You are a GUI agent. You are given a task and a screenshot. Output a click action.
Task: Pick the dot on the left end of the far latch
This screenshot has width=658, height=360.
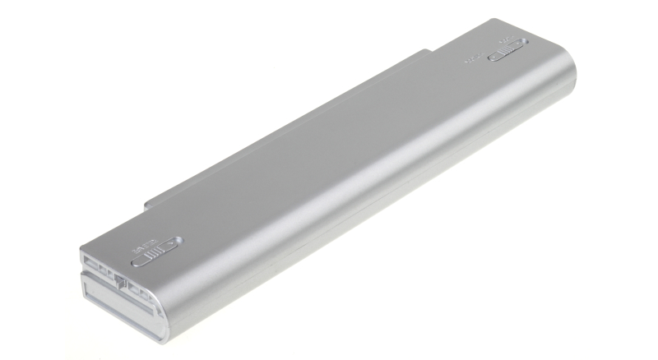493,58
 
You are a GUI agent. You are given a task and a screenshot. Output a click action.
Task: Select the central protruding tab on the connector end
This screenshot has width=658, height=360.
120,281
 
